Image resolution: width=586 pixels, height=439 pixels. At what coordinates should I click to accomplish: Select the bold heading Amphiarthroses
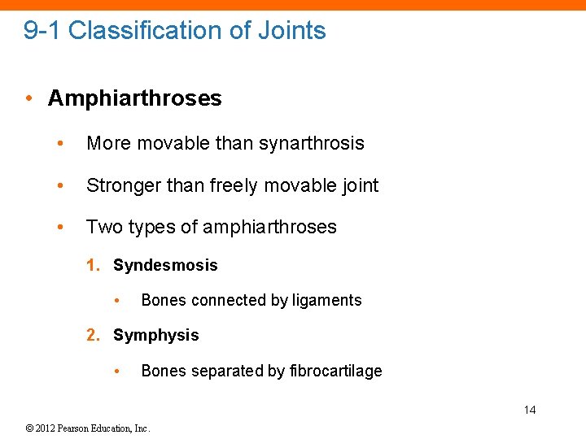tap(134, 98)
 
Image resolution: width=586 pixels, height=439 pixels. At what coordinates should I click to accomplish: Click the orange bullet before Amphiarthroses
tap(29, 98)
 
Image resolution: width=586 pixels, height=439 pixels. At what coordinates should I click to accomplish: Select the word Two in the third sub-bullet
tap(102, 227)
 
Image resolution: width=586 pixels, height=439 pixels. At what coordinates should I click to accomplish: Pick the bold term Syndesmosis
tap(165, 266)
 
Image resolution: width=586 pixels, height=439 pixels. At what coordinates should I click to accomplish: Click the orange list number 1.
tap(93, 266)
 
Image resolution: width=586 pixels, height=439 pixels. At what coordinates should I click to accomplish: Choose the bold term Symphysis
tap(155, 335)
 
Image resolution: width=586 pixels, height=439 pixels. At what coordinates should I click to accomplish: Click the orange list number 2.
tap(93, 335)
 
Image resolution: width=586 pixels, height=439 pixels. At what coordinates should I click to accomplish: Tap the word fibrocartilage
tap(335, 371)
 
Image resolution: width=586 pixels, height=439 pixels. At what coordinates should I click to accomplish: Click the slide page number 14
tap(530, 410)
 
